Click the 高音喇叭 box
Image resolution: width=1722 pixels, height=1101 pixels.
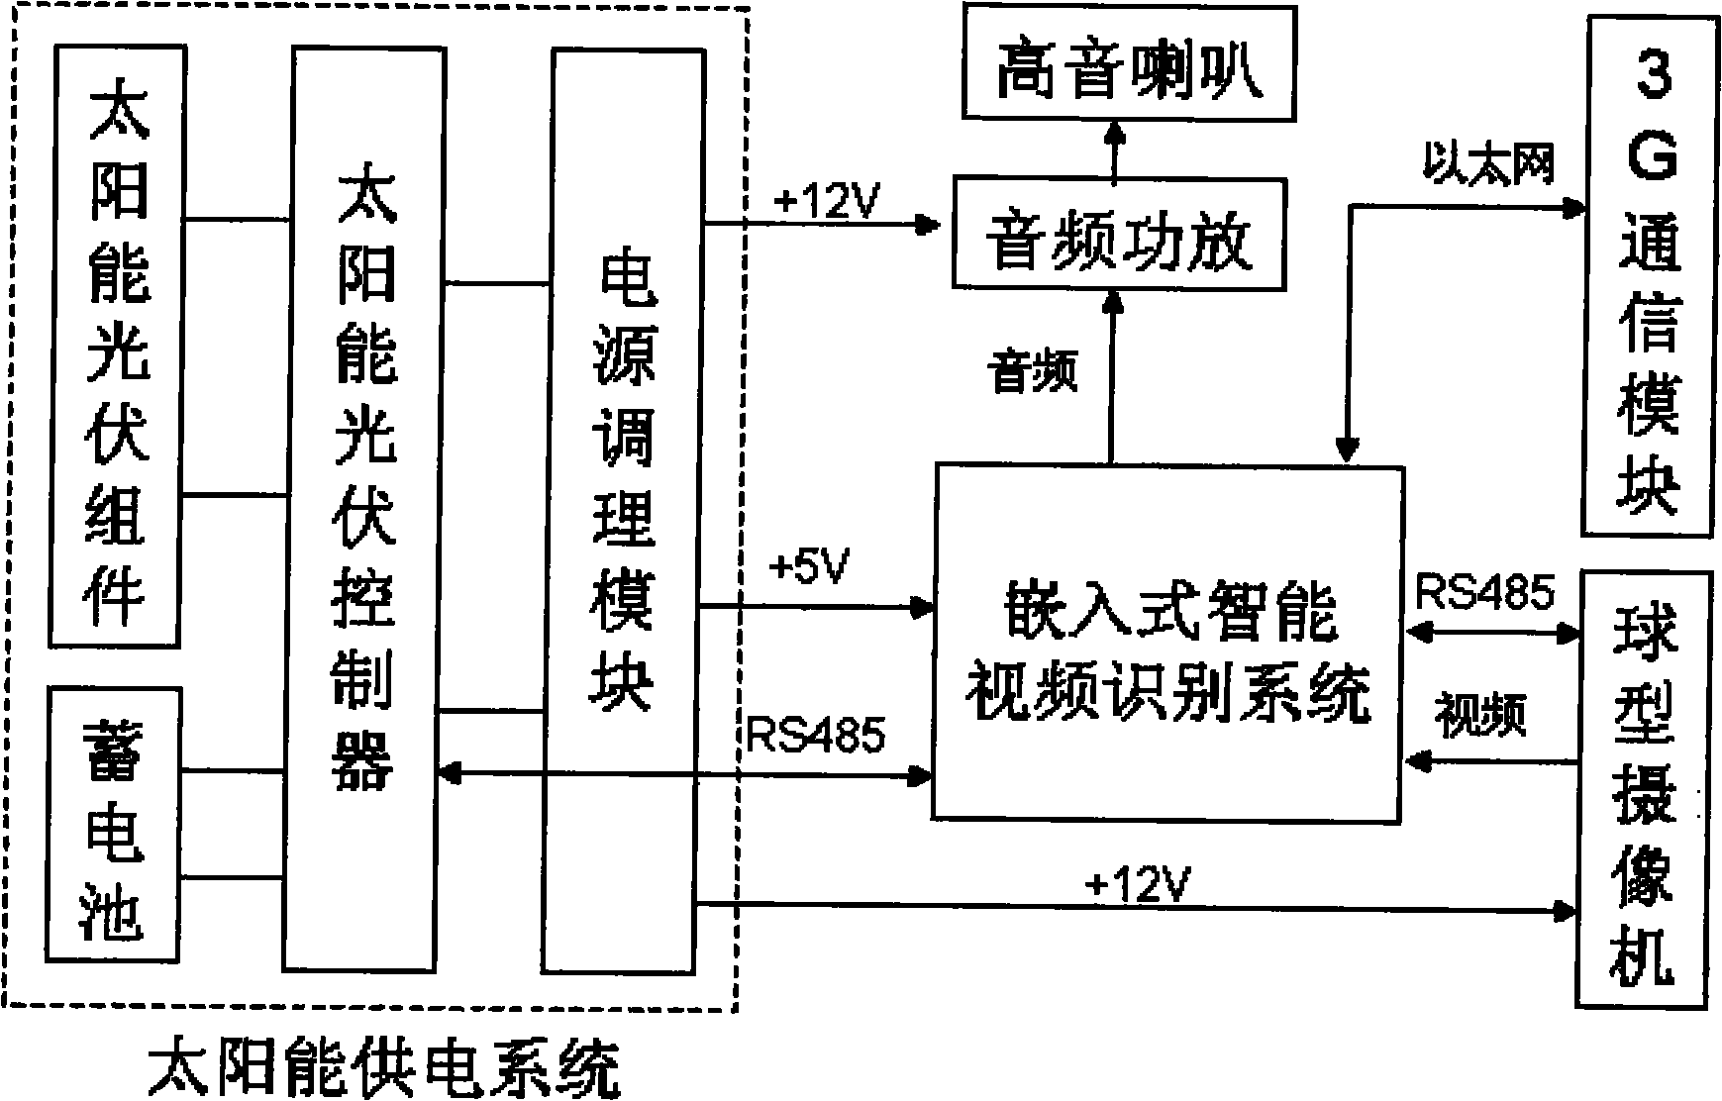[1130, 64]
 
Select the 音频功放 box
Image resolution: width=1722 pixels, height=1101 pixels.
[1119, 234]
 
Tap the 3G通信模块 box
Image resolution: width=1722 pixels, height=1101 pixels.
[1649, 276]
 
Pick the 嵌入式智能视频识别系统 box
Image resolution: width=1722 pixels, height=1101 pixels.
[1168, 643]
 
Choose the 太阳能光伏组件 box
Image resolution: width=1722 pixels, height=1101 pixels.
[117, 347]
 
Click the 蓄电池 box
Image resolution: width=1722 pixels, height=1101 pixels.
[115, 824]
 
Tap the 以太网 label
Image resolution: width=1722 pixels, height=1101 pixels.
[1488, 164]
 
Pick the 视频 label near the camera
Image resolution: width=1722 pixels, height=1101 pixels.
[1480, 715]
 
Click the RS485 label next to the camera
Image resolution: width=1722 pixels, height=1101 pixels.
[1484, 592]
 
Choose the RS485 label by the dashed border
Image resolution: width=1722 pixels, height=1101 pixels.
[816, 734]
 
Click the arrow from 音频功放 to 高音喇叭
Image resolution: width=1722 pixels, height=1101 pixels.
[1115, 150]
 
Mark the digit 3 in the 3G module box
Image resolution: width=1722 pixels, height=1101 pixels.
[1652, 76]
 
